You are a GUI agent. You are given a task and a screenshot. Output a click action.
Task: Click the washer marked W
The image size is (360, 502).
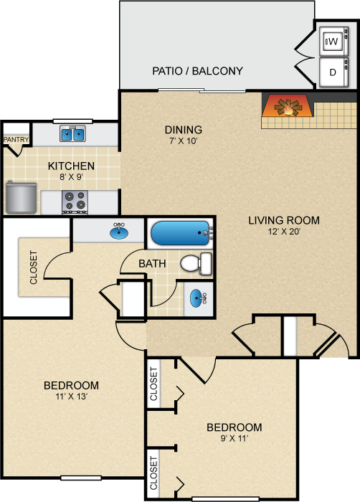coord(333,42)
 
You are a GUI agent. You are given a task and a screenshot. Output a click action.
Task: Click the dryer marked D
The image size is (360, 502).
coord(333,72)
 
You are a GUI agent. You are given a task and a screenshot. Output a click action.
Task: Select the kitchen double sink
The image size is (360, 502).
coord(72,133)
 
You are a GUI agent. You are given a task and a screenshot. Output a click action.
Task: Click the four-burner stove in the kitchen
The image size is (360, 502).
coord(75,202)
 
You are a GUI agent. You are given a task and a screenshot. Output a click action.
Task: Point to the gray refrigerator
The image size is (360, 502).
coord(21,197)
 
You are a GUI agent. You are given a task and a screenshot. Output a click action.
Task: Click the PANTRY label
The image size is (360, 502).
coord(16,140)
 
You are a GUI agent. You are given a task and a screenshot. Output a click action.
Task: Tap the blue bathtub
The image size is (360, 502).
coord(181,233)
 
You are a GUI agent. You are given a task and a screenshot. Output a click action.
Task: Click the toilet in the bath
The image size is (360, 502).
coord(196,263)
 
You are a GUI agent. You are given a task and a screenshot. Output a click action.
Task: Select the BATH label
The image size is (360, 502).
coord(152,263)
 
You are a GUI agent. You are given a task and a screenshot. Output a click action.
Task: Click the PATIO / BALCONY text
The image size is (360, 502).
coord(197,71)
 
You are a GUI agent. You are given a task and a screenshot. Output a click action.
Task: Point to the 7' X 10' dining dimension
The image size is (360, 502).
coord(183,141)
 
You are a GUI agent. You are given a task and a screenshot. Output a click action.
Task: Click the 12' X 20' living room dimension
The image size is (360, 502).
coord(284,231)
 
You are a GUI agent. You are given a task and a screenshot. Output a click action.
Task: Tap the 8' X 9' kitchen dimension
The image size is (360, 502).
coord(71,176)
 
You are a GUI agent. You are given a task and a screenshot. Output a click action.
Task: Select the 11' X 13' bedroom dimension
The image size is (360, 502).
coord(72,397)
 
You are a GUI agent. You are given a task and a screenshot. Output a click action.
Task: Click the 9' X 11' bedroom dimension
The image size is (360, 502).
coord(235,438)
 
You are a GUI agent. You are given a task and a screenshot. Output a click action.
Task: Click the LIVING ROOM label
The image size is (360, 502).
coord(284,220)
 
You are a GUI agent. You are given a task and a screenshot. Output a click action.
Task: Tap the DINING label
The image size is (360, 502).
coord(184,130)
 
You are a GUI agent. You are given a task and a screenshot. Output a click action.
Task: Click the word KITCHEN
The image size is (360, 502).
coord(71,166)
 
